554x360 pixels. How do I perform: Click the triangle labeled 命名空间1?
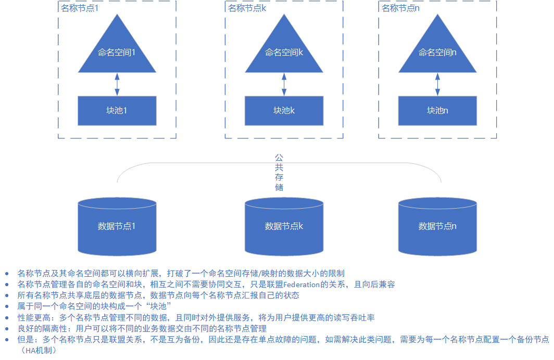[117, 52]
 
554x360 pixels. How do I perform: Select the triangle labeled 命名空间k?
[284, 52]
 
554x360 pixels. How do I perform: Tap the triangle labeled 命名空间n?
[437, 52]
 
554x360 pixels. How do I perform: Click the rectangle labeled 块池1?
[117, 110]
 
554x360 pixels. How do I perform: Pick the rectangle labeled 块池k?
[284, 110]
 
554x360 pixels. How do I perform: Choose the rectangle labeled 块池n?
[437, 110]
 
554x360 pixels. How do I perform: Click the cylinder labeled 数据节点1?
[117, 226]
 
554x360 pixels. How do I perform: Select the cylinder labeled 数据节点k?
[284, 226]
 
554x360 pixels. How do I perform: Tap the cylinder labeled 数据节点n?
[437, 226]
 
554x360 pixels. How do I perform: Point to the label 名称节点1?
[80, 8]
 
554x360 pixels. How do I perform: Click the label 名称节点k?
[247, 8]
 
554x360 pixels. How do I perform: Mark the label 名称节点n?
[400, 8]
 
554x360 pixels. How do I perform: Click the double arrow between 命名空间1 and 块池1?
[117, 84]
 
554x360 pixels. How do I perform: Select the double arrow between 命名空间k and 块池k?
[284, 84]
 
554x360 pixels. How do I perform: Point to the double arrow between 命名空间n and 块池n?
[437, 84]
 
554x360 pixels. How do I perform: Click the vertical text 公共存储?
[279, 172]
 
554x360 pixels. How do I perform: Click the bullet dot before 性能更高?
[7, 317]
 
